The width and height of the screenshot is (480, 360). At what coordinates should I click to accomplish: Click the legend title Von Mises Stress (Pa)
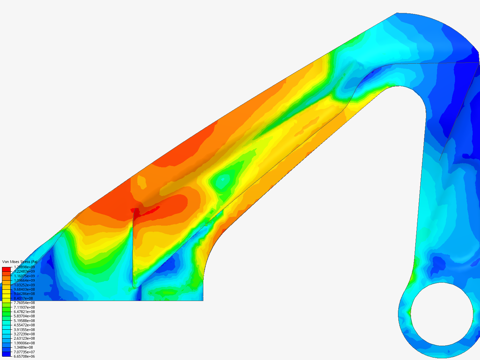tap(20, 262)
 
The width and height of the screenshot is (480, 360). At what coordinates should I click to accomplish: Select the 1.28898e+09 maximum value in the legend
tap(24, 267)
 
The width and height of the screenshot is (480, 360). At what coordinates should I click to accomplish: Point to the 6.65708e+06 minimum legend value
tap(24, 356)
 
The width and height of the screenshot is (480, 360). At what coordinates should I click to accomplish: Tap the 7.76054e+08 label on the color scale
tap(24, 303)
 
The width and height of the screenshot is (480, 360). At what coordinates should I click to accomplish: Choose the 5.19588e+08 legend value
tap(24, 321)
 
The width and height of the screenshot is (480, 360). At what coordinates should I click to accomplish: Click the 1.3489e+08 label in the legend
tap(23, 347)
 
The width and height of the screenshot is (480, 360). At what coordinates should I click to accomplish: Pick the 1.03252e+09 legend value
tap(24, 285)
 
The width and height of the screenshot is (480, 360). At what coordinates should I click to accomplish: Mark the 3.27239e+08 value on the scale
tap(24, 334)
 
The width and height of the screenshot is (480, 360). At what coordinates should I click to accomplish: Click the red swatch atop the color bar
tap(6, 269)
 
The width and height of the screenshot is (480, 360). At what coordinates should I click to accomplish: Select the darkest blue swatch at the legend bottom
tap(6, 354)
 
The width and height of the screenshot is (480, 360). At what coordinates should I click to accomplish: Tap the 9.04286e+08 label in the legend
tap(24, 294)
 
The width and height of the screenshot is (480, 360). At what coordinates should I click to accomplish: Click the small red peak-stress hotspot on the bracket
tap(136, 211)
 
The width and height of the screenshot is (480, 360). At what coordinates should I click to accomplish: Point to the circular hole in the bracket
tap(442, 314)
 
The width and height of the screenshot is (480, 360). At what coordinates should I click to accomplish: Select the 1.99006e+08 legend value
tap(24, 343)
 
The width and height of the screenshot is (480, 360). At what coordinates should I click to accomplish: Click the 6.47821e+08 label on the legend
tap(24, 312)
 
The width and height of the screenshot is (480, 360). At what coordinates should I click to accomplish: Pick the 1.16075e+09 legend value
tap(24, 276)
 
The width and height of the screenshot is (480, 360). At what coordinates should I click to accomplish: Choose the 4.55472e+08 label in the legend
tap(24, 325)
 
